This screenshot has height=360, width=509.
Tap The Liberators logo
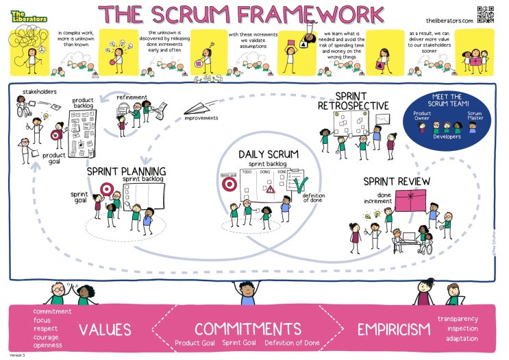[29, 14]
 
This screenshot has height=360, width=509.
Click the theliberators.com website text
[449, 21]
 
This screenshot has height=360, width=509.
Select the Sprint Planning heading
[127, 171]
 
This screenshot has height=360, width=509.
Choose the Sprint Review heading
[397, 181]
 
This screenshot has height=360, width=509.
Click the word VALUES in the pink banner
[105, 330]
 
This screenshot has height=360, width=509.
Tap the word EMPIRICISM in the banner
[393, 330]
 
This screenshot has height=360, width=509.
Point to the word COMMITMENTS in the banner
[247, 328]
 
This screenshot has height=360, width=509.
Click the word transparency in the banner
[458, 319]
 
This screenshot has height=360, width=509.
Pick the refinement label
[131, 97]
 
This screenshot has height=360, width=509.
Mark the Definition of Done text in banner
[292, 343]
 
